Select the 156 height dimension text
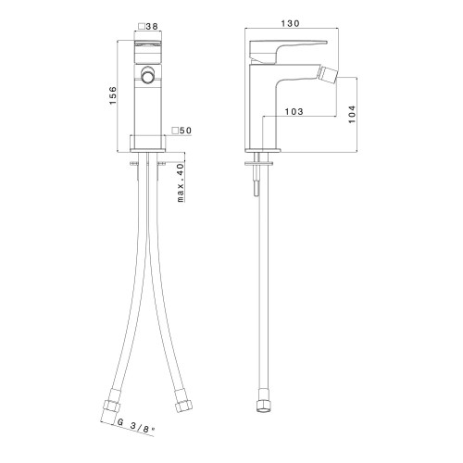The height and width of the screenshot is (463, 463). coord(113,95)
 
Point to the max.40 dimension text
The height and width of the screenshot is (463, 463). coord(181,182)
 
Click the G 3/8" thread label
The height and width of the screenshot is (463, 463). coord(136,426)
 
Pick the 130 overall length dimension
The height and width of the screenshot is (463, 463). coord(291,23)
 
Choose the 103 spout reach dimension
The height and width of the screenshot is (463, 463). coord(294,111)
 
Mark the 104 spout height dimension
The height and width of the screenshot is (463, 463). coord(352,114)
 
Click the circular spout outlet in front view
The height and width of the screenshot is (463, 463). coord(147,74)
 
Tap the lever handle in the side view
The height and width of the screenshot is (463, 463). coord(278,51)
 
